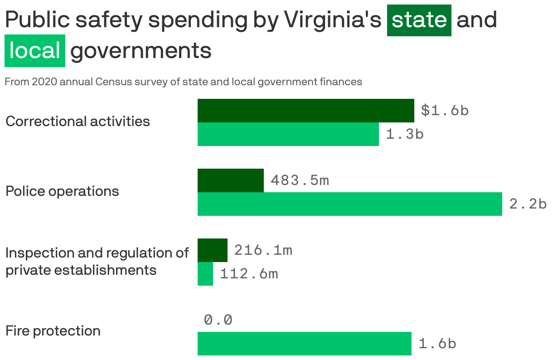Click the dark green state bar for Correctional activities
point(306,111)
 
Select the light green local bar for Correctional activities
point(288,134)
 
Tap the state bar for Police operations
point(230,180)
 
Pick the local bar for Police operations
point(349,204)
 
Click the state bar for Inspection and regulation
point(212,250)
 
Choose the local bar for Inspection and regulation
point(205,274)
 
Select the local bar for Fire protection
point(304,344)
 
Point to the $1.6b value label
point(445,111)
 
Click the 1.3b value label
point(405,134)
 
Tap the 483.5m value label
point(300,180)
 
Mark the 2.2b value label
point(528,204)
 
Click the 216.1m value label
point(263,250)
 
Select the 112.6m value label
point(249,274)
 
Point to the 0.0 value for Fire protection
point(218,320)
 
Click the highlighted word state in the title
point(419,20)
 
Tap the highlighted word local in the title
point(35,51)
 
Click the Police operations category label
point(62,191)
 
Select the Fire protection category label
point(53,331)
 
